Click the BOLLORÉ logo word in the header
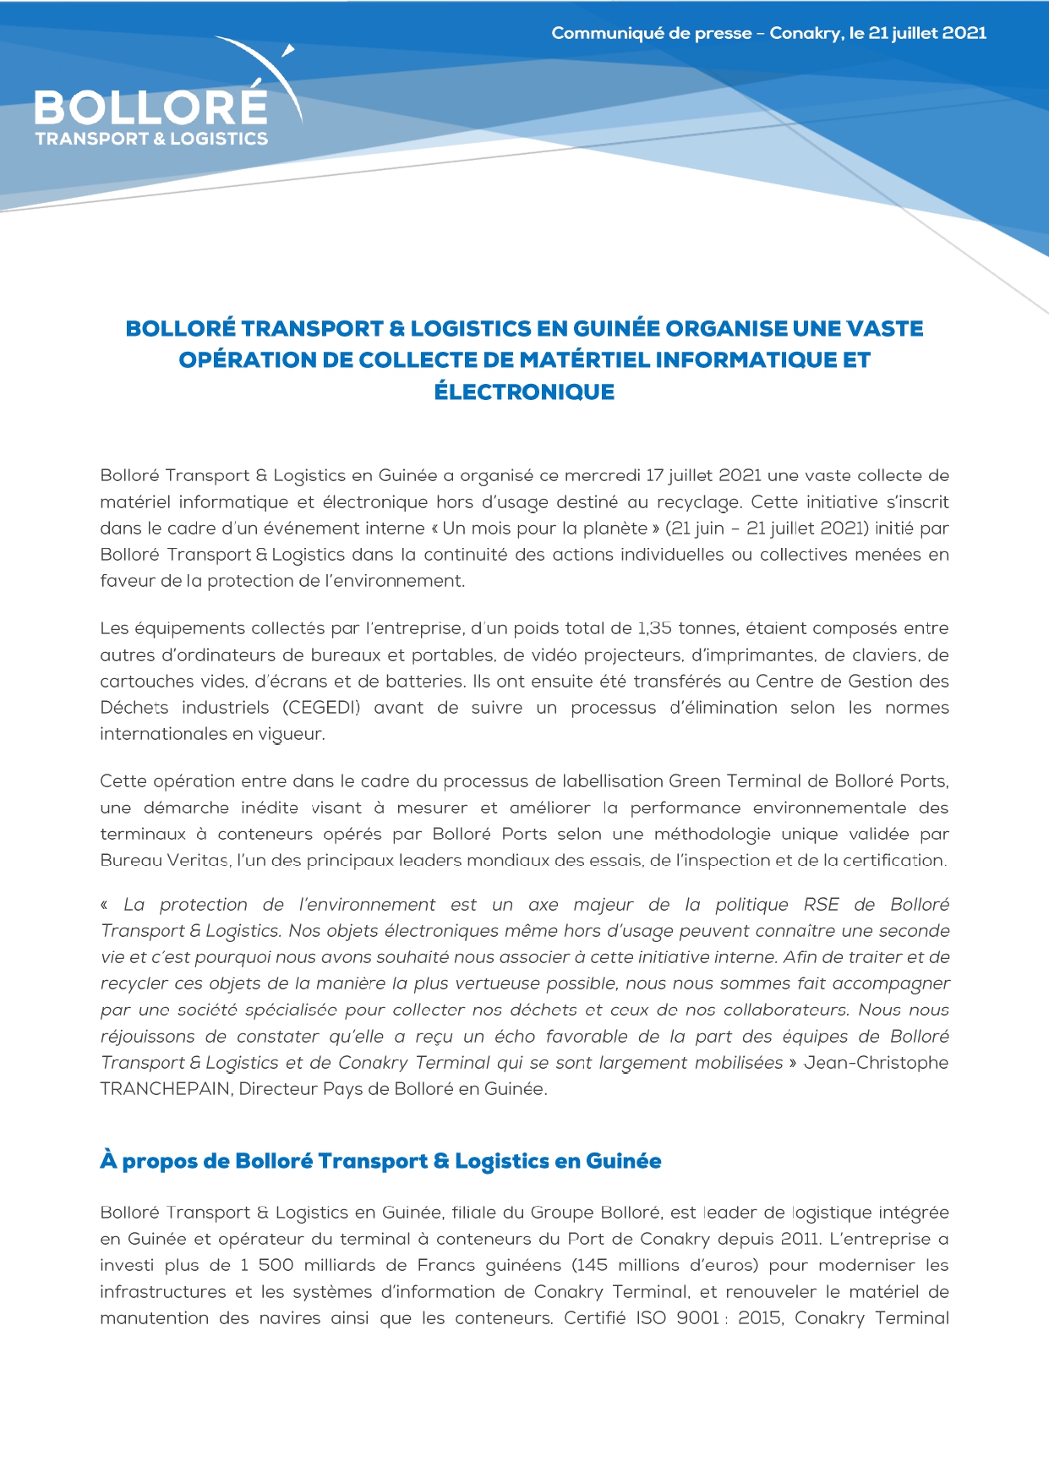pos(150,107)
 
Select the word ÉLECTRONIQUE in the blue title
pos(524,392)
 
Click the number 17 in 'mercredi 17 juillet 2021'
pos(655,475)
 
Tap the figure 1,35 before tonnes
pos(655,628)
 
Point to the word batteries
pos(427,682)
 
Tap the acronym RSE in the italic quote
pos(821,905)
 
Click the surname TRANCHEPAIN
pos(166,1089)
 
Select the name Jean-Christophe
pos(876,1063)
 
